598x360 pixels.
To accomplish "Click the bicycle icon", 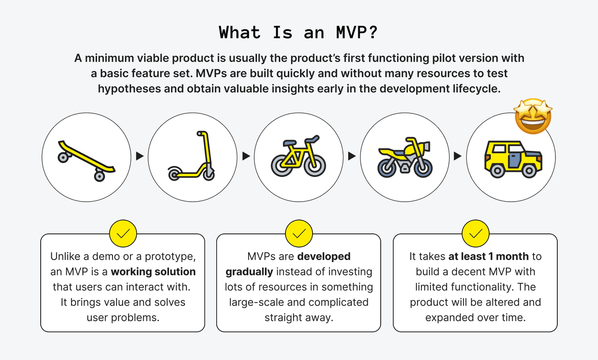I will pyautogui.click(x=299, y=156).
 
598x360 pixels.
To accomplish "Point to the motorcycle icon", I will pyautogui.click(x=405, y=156).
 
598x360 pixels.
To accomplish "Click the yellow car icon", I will pyautogui.click(x=511, y=157).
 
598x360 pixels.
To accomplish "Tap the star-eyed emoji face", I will pyautogui.click(x=533, y=115).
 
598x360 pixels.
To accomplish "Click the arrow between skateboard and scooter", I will pyautogui.click(x=139, y=156).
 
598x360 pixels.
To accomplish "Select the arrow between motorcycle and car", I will pyautogui.click(x=458, y=156).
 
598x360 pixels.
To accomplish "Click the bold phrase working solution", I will pyautogui.click(x=153, y=272).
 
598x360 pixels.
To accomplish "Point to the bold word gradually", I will pyautogui.click(x=249, y=272).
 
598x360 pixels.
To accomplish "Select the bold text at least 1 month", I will pyautogui.click(x=489, y=256).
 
